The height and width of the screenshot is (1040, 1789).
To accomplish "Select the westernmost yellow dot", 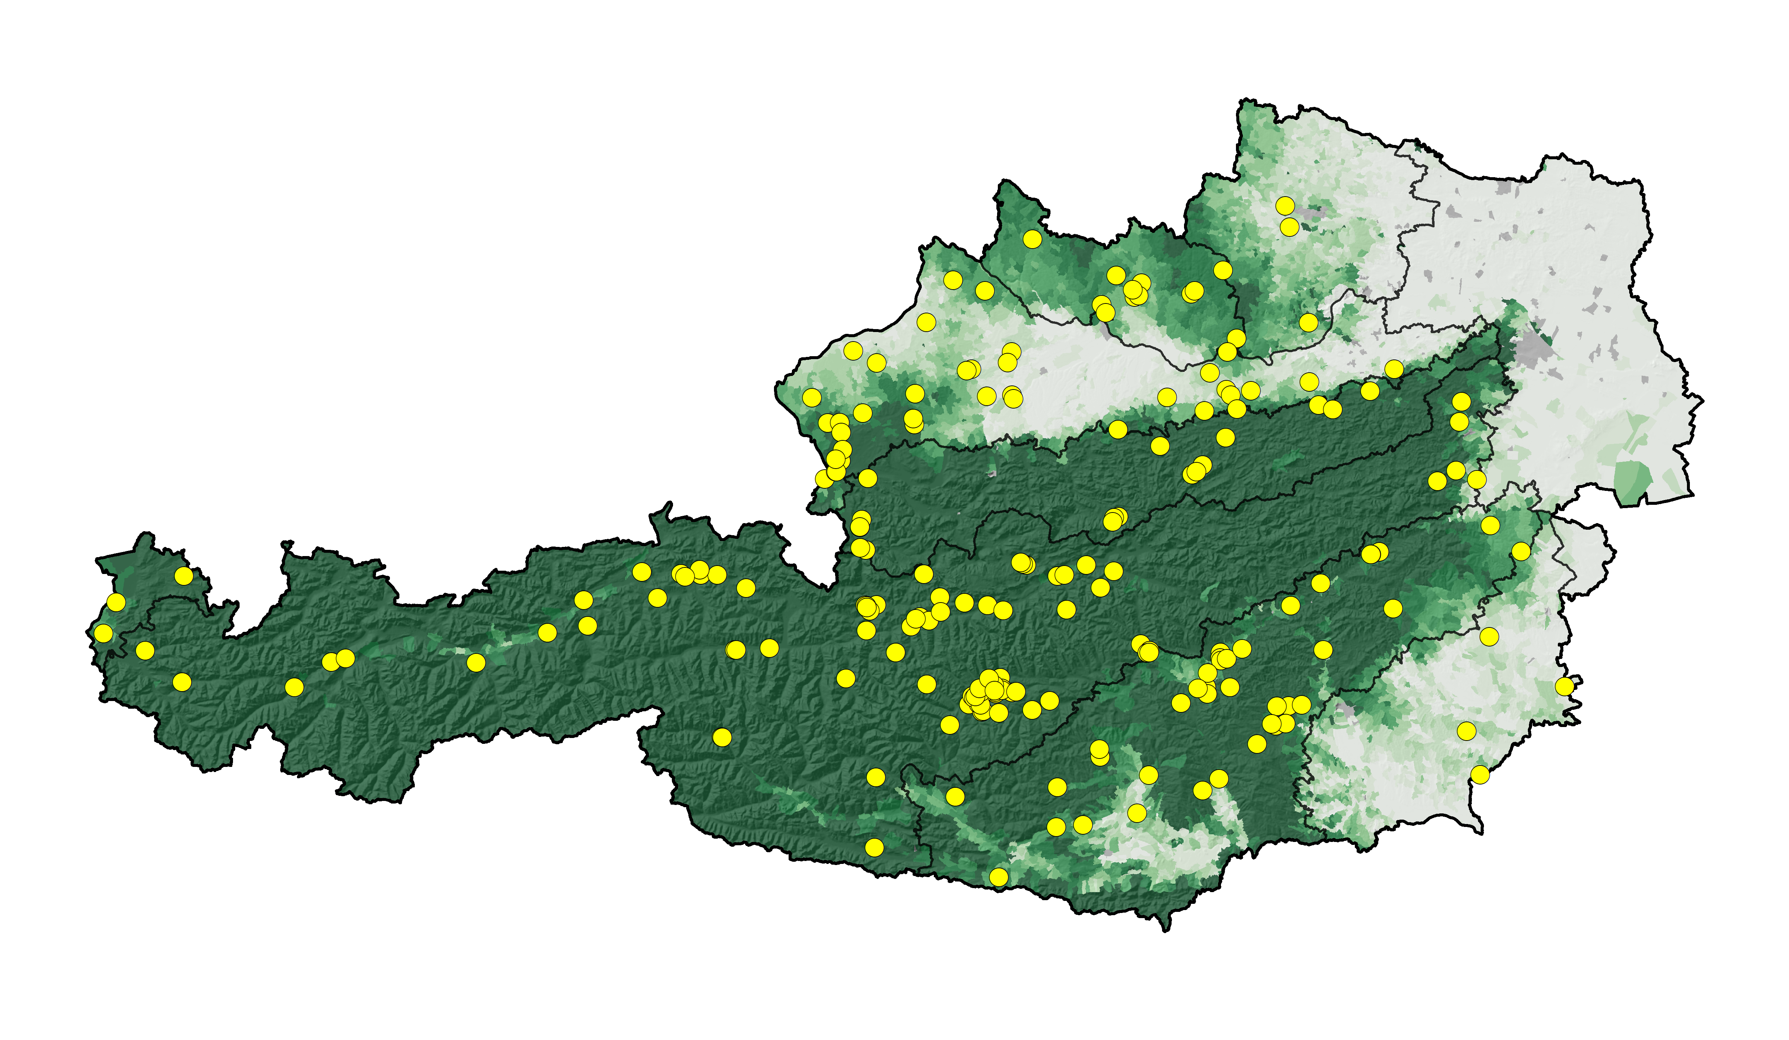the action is click(104, 633).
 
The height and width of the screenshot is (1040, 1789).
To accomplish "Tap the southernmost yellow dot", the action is click(998, 877).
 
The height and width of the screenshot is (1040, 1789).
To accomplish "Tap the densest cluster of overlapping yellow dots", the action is click(987, 693).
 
